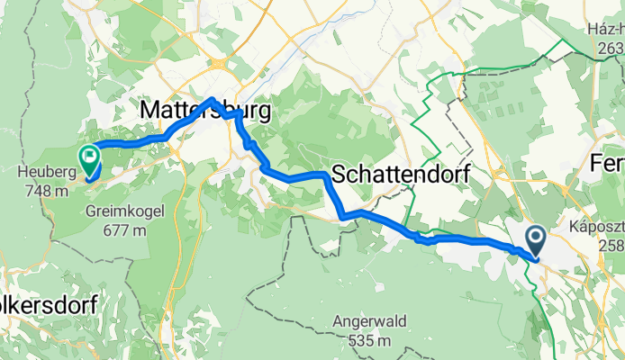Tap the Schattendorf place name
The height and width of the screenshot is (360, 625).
pyautogui.click(x=401, y=175)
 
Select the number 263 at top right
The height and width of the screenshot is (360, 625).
pyautogui.click(x=610, y=49)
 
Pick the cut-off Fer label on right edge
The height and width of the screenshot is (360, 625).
pyautogui.click(x=607, y=165)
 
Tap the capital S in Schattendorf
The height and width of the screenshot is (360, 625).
pyautogui.click(x=340, y=175)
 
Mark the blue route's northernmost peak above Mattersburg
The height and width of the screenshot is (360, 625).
pyautogui.click(x=213, y=99)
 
